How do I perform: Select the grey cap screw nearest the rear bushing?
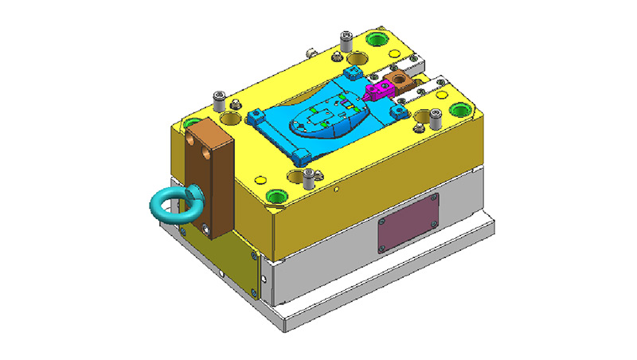pos(346,38)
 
